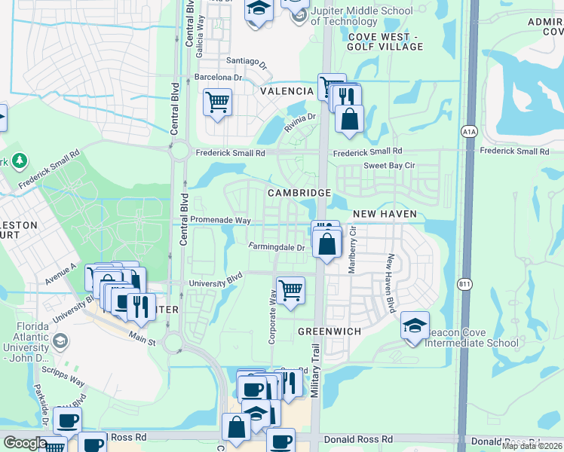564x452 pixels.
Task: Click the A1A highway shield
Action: pyautogui.click(x=469, y=132)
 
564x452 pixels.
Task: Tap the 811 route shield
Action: pyautogui.click(x=464, y=284)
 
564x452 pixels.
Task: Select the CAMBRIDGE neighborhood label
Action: pyautogui.click(x=299, y=193)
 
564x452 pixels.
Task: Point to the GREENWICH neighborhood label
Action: pyautogui.click(x=330, y=331)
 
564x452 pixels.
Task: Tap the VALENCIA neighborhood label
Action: pyautogui.click(x=287, y=91)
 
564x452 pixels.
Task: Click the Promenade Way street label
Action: pyautogui.click(x=220, y=220)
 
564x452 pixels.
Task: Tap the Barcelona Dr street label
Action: pyautogui.click(x=217, y=77)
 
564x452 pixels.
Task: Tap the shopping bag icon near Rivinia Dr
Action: pyautogui.click(x=350, y=118)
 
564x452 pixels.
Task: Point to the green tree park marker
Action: pyautogui.click(x=19, y=160)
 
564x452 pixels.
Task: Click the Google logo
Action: pyautogui.click(x=25, y=443)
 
